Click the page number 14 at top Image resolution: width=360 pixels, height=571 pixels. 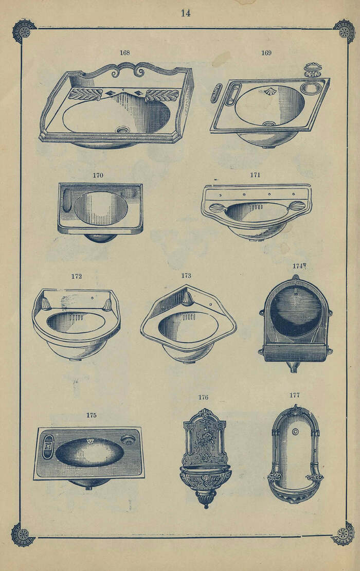point(186,13)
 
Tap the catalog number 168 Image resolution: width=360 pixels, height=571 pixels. point(125,53)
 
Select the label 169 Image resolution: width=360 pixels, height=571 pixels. point(266,53)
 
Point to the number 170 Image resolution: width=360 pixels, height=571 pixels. point(98,175)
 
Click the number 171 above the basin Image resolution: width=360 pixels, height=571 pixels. point(255,175)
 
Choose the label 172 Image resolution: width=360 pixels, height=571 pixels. point(77,276)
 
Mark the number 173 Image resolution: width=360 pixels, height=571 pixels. point(186,276)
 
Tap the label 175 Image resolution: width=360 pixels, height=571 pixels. point(92,415)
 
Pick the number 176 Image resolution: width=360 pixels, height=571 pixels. point(203,397)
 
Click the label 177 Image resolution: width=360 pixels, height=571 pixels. point(295,395)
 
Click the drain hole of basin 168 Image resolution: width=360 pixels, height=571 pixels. point(123,129)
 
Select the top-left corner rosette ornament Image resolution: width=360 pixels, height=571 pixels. point(25,30)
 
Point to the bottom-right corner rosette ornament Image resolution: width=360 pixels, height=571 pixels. point(344,534)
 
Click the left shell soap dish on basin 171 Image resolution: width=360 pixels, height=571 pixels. point(218,208)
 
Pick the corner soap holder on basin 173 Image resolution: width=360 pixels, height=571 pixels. point(188,299)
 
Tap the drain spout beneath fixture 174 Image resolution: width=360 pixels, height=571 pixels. point(294,367)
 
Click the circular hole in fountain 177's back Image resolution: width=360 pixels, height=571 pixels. point(295,432)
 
